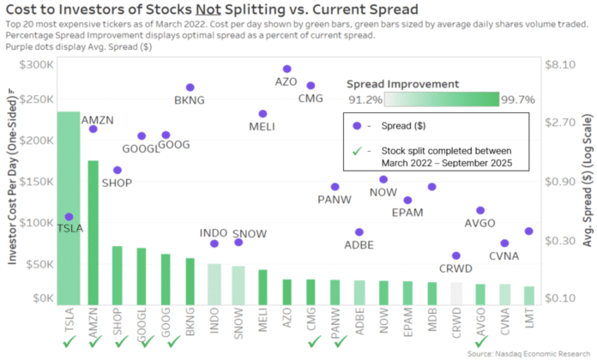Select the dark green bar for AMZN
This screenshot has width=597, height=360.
point(93,232)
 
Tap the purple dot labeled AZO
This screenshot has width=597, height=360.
point(286,69)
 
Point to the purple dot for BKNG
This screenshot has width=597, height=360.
point(190,87)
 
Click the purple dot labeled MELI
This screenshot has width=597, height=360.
point(262,114)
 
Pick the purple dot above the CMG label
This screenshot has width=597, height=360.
point(311,86)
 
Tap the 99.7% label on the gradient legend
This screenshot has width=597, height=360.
point(518,100)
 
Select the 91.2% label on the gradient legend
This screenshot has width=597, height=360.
point(365,100)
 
